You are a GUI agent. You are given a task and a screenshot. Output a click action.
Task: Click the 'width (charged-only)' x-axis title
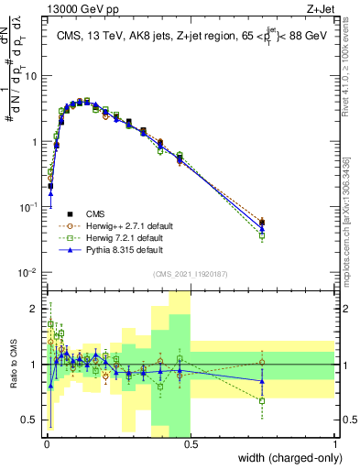tap(287, 458)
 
